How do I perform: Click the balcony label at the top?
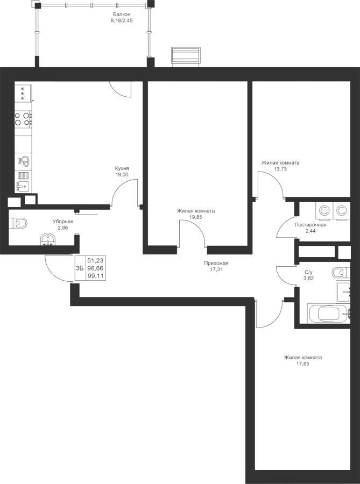[x=122, y=17]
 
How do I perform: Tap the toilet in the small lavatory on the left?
[x=19, y=222]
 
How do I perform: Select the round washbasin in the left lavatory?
[x=48, y=240]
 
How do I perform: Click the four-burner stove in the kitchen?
[x=23, y=119]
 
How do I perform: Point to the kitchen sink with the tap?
[x=23, y=186]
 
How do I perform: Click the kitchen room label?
[x=122, y=171]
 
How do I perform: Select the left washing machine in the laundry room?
[x=324, y=211]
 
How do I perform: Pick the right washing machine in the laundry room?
[x=342, y=211]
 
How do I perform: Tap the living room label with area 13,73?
[x=280, y=165]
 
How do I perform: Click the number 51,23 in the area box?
[x=95, y=260]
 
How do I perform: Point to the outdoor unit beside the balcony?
[x=186, y=56]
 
